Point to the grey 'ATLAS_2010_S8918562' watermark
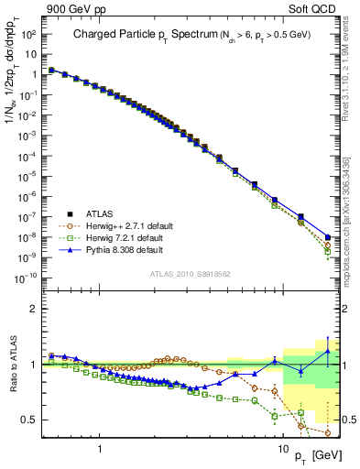click(x=191, y=274)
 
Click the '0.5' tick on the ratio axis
click(x=29, y=420)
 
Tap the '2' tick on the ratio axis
click(x=33, y=309)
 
